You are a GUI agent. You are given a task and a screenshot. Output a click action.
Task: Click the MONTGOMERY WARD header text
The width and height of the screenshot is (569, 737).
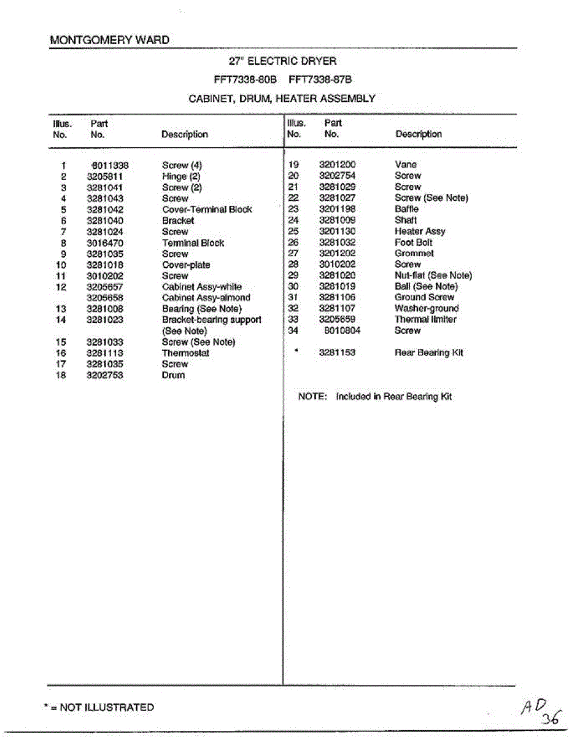(109, 41)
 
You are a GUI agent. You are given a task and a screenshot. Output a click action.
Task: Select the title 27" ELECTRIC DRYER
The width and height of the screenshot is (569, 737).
(282, 61)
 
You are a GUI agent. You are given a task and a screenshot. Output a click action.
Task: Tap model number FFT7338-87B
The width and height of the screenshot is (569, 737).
(320, 80)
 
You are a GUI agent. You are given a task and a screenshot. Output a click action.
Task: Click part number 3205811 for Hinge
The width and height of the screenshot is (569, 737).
(105, 176)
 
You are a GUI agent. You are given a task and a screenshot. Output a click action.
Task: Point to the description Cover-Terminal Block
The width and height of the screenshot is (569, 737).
(207, 209)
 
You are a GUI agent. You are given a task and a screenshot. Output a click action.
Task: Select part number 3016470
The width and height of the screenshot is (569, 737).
(105, 243)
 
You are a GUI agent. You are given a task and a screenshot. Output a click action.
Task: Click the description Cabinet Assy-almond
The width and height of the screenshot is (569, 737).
(206, 298)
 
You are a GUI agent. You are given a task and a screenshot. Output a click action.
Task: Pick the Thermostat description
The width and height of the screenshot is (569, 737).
(185, 353)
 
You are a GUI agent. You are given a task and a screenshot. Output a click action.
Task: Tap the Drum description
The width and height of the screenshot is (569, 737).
(173, 375)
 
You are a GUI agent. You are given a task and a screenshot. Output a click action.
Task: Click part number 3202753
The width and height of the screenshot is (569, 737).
(105, 375)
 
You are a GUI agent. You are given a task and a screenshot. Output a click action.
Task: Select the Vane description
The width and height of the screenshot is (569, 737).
(406, 165)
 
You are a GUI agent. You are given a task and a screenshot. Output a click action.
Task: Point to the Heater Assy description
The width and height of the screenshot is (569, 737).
(420, 232)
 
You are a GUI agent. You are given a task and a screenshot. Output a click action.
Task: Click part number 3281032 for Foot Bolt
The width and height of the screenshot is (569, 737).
(338, 243)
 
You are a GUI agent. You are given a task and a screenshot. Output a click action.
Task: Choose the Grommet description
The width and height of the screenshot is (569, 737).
(414, 253)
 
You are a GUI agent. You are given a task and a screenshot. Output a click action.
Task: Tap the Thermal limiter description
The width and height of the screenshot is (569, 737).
(425, 319)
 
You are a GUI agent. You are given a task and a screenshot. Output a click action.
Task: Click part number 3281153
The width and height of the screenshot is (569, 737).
(338, 353)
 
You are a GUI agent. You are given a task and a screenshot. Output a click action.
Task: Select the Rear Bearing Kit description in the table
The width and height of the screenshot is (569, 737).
(428, 353)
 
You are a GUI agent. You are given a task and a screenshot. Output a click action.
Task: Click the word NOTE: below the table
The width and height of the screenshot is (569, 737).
(311, 397)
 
